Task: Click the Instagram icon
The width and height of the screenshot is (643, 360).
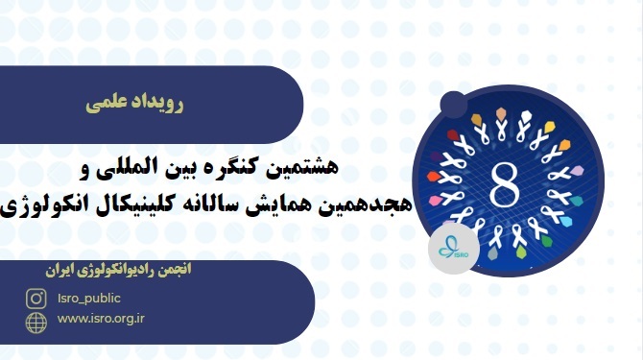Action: [36, 299]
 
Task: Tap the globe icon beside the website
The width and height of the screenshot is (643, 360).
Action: [36, 321]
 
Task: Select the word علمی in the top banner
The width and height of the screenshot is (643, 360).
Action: [105, 100]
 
